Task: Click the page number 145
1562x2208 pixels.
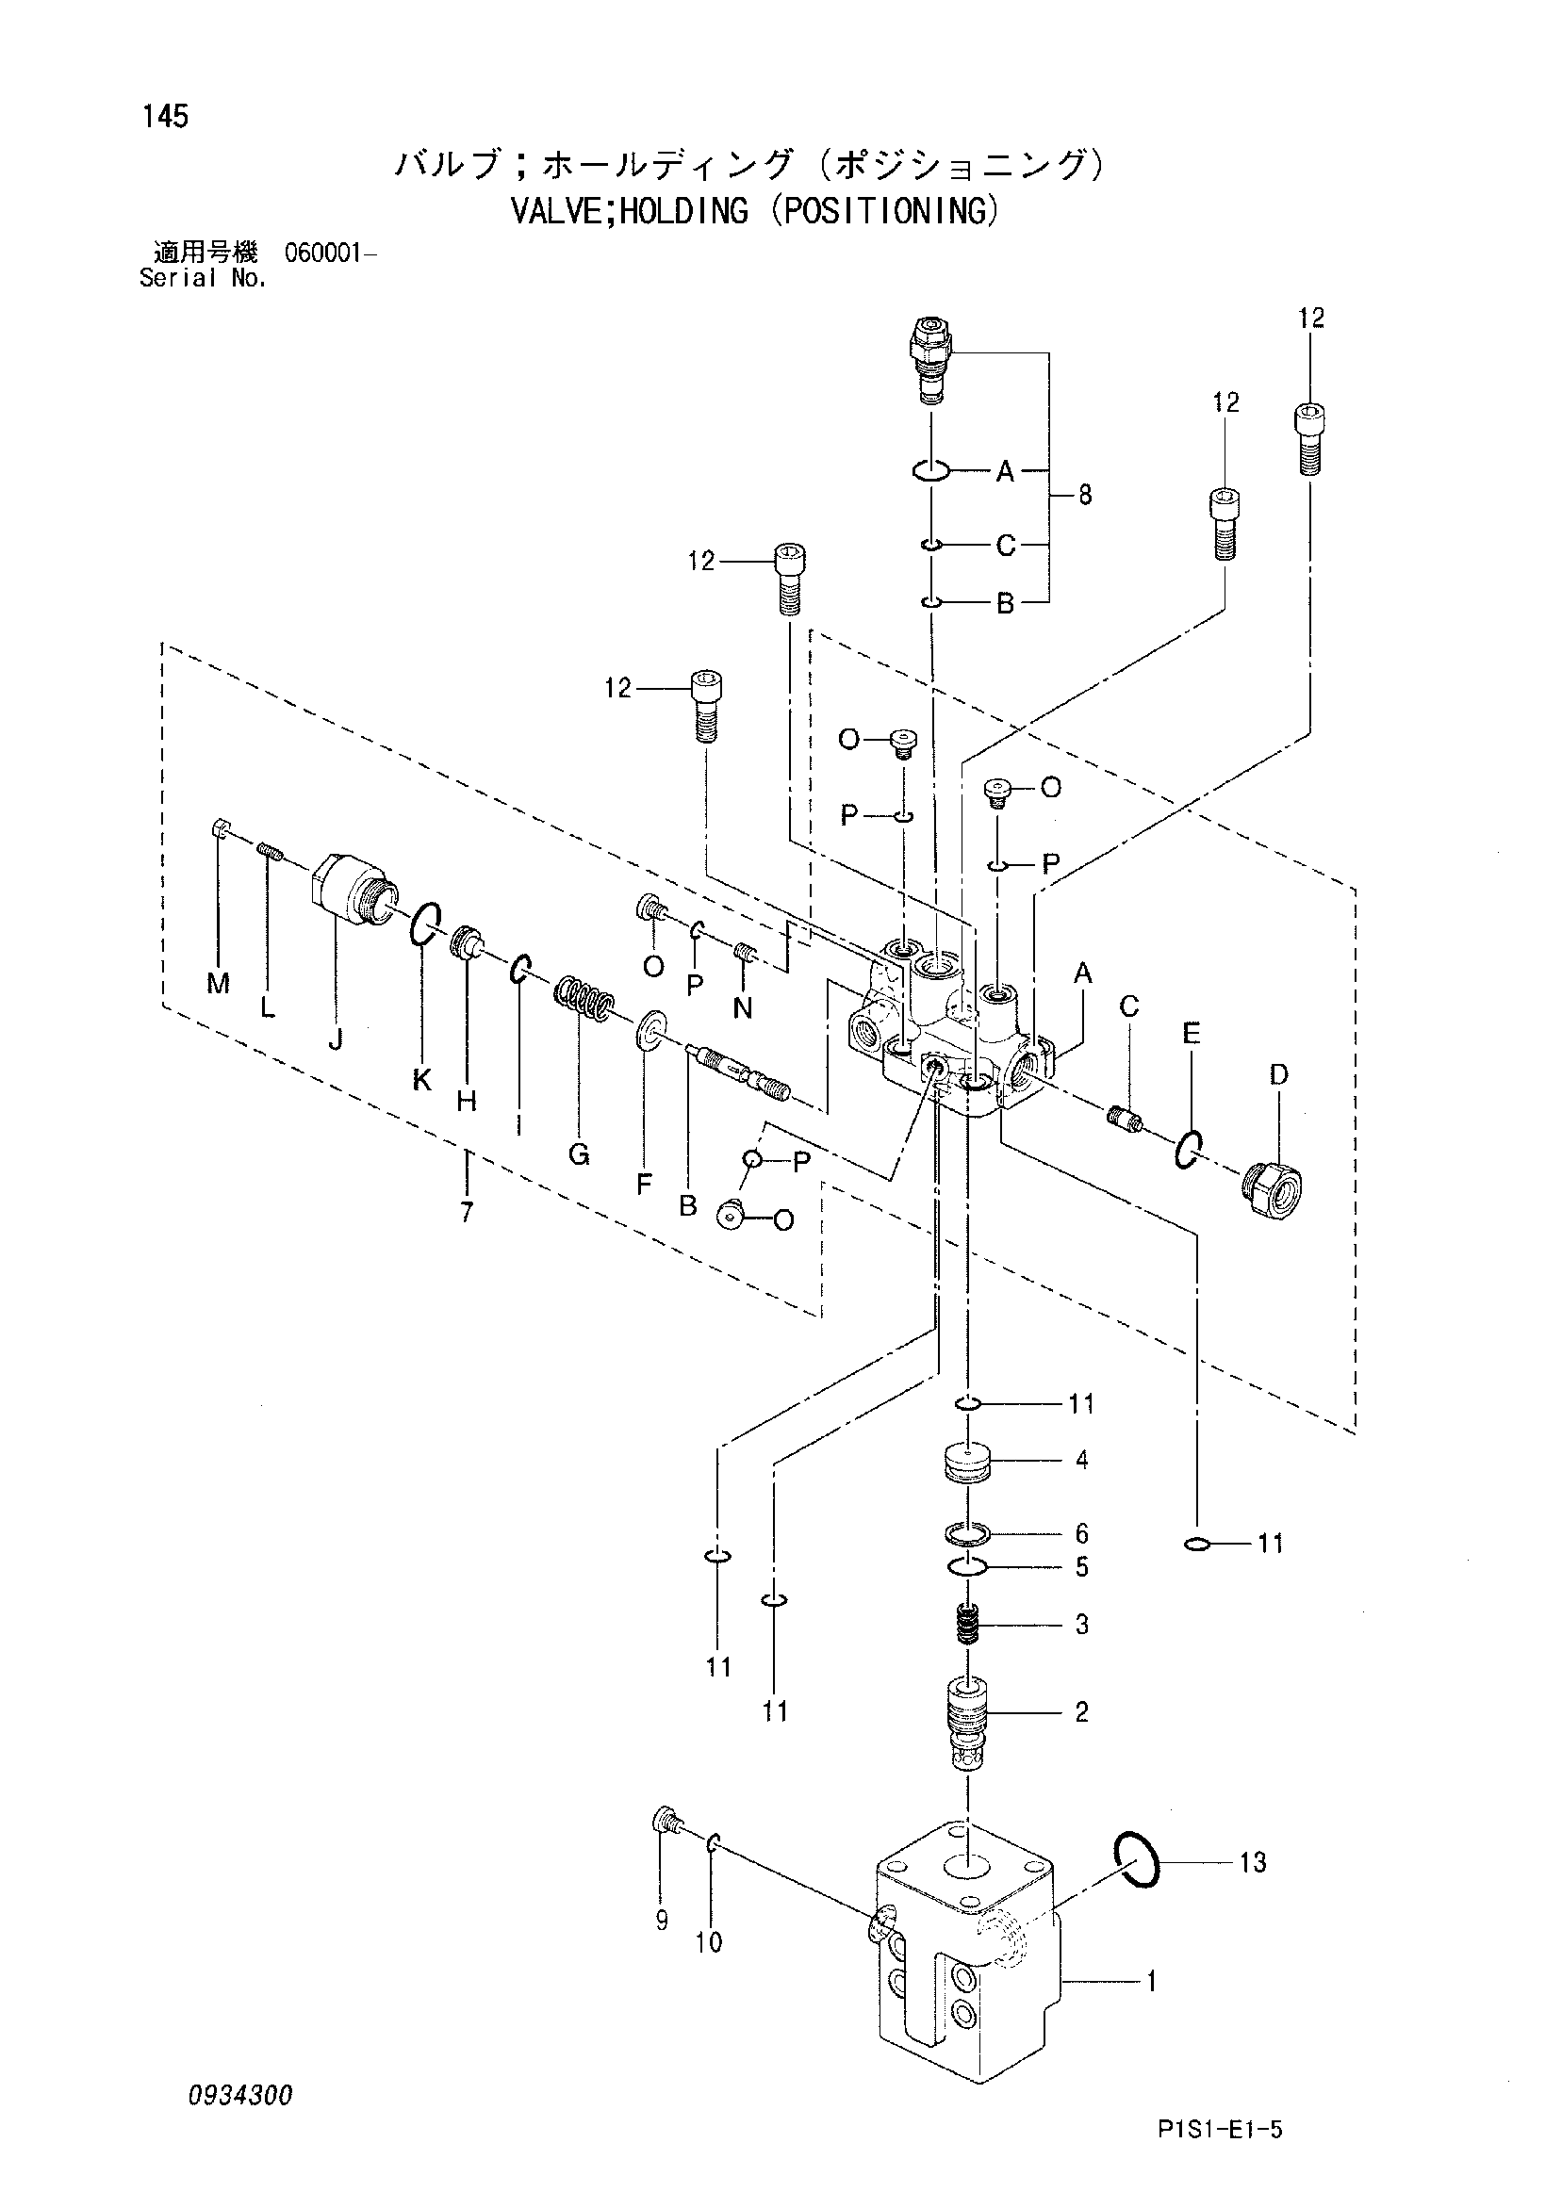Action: [x=164, y=117]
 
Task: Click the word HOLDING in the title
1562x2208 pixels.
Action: [x=683, y=209]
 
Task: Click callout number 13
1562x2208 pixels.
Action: [x=1253, y=1863]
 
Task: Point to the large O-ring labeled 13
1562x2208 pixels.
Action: [x=1136, y=1860]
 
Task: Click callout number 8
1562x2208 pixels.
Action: [x=1085, y=497]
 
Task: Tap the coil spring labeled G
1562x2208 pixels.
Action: [x=583, y=999]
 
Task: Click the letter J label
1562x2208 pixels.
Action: [x=336, y=1039]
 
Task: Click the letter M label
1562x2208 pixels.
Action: [x=220, y=983]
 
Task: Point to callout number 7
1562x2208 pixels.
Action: [x=467, y=1213]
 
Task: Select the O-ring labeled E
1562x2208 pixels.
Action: [x=1188, y=1149]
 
